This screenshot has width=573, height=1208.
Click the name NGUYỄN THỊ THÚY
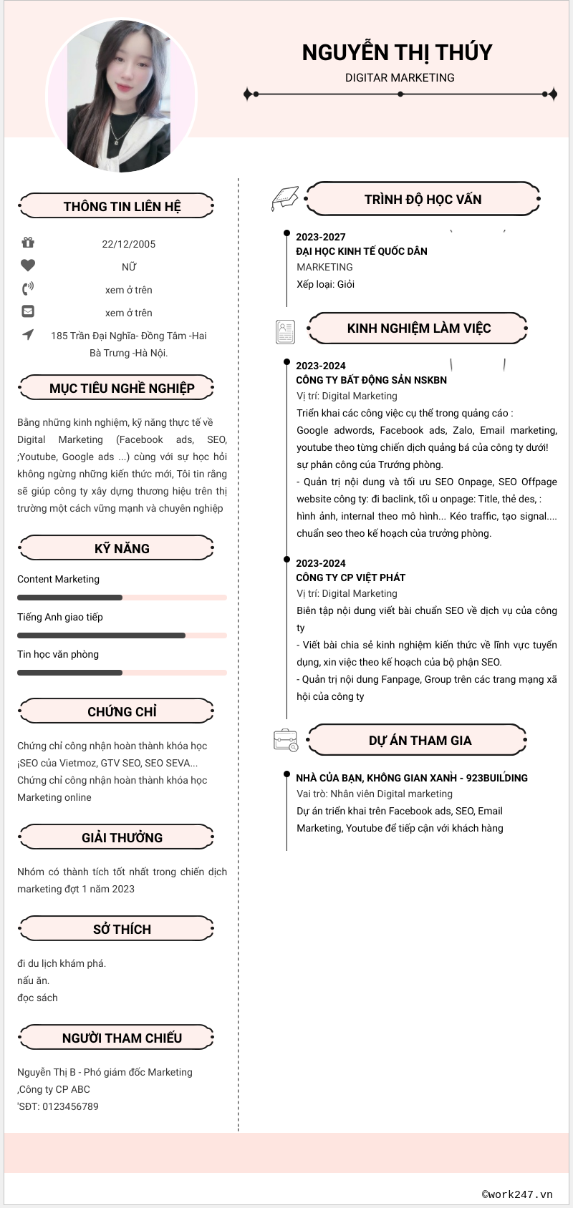click(x=397, y=52)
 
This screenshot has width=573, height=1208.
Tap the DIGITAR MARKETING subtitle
click(x=400, y=77)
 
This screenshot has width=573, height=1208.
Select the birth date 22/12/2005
click(x=129, y=244)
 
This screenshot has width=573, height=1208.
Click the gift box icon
click(x=28, y=243)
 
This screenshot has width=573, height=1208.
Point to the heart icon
click(x=28, y=266)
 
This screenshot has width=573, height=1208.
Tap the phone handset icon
click(x=28, y=288)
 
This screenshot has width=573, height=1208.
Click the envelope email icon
click(x=28, y=311)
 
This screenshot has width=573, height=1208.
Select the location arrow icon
click(x=28, y=334)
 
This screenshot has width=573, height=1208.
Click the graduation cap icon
click(x=284, y=198)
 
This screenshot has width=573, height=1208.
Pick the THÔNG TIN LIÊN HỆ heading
click(x=122, y=206)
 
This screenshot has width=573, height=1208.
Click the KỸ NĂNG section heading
click(x=122, y=548)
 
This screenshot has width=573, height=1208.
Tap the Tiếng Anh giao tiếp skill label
click(x=60, y=617)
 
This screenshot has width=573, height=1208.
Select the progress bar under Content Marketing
click(x=122, y=598)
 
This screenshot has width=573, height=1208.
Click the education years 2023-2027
click(x=321, y=237)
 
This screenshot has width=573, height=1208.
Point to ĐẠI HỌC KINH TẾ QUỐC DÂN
click(x=362, y=251)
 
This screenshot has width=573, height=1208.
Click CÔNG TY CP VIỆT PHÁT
click(x=351, y=578)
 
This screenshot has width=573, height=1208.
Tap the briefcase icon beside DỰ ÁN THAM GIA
click(x=286, y=740)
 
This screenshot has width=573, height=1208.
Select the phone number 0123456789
click(x=70, y=1106)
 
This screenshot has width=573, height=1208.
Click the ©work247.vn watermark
click(x=517, y=1194)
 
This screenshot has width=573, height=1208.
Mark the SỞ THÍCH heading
click(x=122, y=929)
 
